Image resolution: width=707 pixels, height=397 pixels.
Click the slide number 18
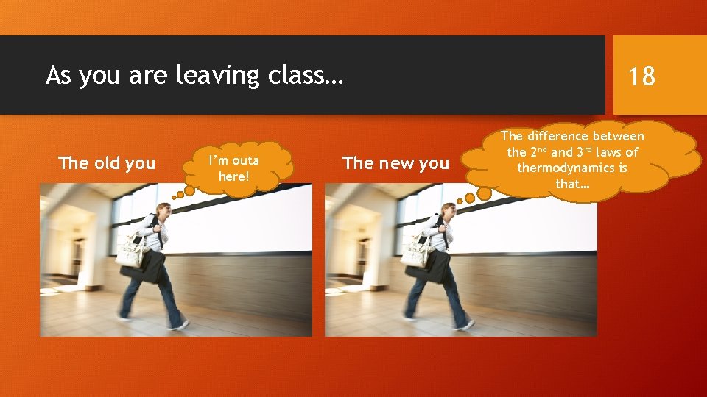[x=641, y=75]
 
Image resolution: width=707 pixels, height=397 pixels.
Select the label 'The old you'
[x=107, y=162]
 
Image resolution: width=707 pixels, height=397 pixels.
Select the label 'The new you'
[x=396, y=162]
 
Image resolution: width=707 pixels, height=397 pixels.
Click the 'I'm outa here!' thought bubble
[x=234, y=168]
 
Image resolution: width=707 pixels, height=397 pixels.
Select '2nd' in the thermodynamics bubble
[x=536, y=152]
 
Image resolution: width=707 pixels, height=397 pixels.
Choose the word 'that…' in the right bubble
[x=572, y=184]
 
